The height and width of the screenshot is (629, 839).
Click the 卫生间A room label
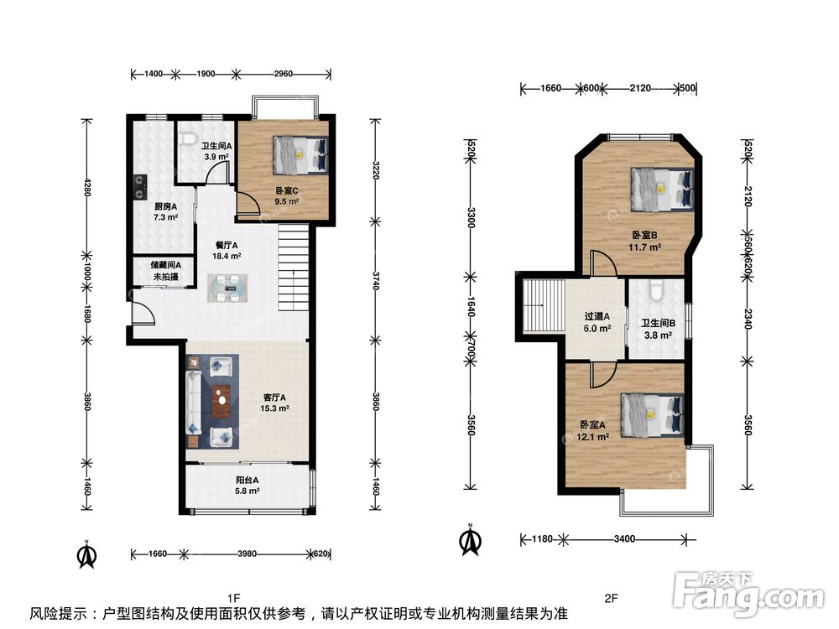point(216,145)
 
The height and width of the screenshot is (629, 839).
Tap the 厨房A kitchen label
point(166,206)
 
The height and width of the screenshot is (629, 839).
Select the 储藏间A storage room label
point(166,265)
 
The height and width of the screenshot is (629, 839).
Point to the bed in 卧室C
point(300,154)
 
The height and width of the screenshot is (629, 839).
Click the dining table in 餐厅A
point(228,289)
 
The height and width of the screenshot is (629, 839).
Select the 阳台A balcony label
point(248,481)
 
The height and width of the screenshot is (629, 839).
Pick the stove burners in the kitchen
point(140,187)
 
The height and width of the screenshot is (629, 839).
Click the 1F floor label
point(233,597)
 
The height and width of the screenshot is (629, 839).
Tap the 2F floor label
point(611,598)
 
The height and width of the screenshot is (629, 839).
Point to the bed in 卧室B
point(663,188)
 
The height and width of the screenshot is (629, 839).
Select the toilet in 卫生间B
point(657,292)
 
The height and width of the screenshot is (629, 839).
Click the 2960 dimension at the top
point(283,74)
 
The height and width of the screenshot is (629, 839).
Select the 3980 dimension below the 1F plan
point(247,554)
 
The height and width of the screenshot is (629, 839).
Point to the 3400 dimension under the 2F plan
point(624,539)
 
